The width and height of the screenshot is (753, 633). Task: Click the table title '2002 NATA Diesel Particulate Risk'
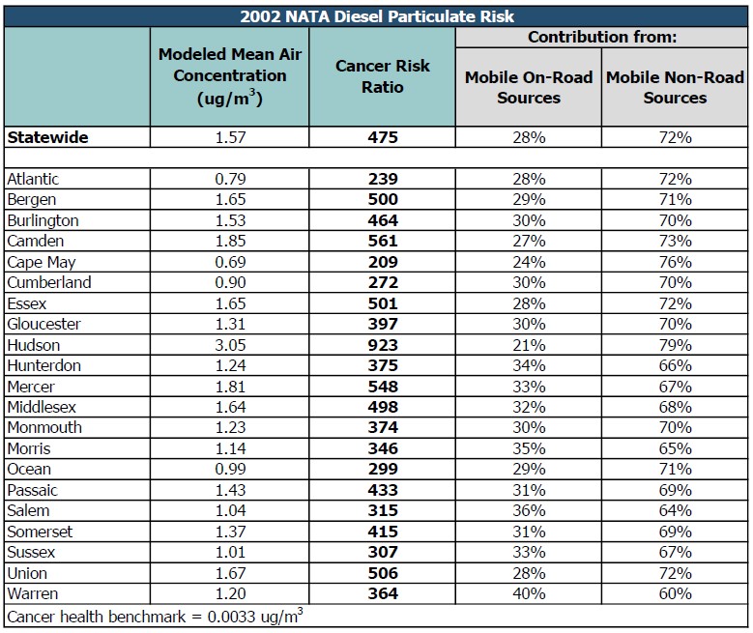point(376,16)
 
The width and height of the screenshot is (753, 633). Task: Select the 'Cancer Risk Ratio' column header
point(383,76)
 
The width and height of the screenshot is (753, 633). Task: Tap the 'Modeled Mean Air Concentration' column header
point(229,76)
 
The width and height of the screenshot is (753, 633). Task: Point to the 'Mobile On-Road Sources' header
point(529,87)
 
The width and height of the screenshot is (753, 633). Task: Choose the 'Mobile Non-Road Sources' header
point(675,87)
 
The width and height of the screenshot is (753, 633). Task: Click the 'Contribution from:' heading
point(601,38)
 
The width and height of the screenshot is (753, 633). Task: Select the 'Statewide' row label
point(47,137)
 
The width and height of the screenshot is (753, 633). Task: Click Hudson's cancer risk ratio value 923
point(383,345)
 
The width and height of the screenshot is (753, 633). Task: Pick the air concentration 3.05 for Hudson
point(229,345)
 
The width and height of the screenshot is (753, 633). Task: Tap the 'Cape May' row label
point(41,262)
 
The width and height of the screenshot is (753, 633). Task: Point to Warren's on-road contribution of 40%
point(529,594)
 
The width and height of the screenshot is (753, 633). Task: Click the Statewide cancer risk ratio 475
point(383,137)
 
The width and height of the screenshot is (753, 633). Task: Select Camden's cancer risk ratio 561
point(383,242)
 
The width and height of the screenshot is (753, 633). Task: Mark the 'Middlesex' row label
point(43,407)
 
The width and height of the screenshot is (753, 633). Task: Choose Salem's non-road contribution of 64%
point(675,511)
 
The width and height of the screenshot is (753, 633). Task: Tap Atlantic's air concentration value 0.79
point(229,179)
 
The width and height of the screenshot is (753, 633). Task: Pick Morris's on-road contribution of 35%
point(529,448)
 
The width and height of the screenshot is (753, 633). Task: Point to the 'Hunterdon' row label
point(43,365)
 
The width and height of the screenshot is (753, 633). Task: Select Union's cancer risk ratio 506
point(383,573)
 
